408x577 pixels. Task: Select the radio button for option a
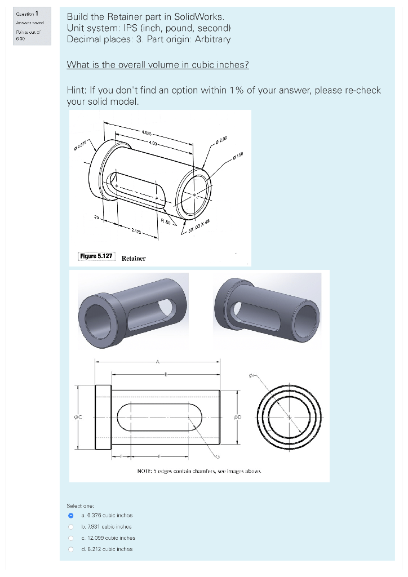pos(71,515)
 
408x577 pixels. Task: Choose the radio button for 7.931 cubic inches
pos(71,526)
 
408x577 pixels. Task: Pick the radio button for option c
pos(71,538)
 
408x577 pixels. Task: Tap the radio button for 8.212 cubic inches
pos(71,549)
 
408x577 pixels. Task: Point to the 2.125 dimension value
pos(137,232)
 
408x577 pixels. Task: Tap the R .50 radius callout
pos(165,222)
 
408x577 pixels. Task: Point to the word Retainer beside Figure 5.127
pos(134,258)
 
